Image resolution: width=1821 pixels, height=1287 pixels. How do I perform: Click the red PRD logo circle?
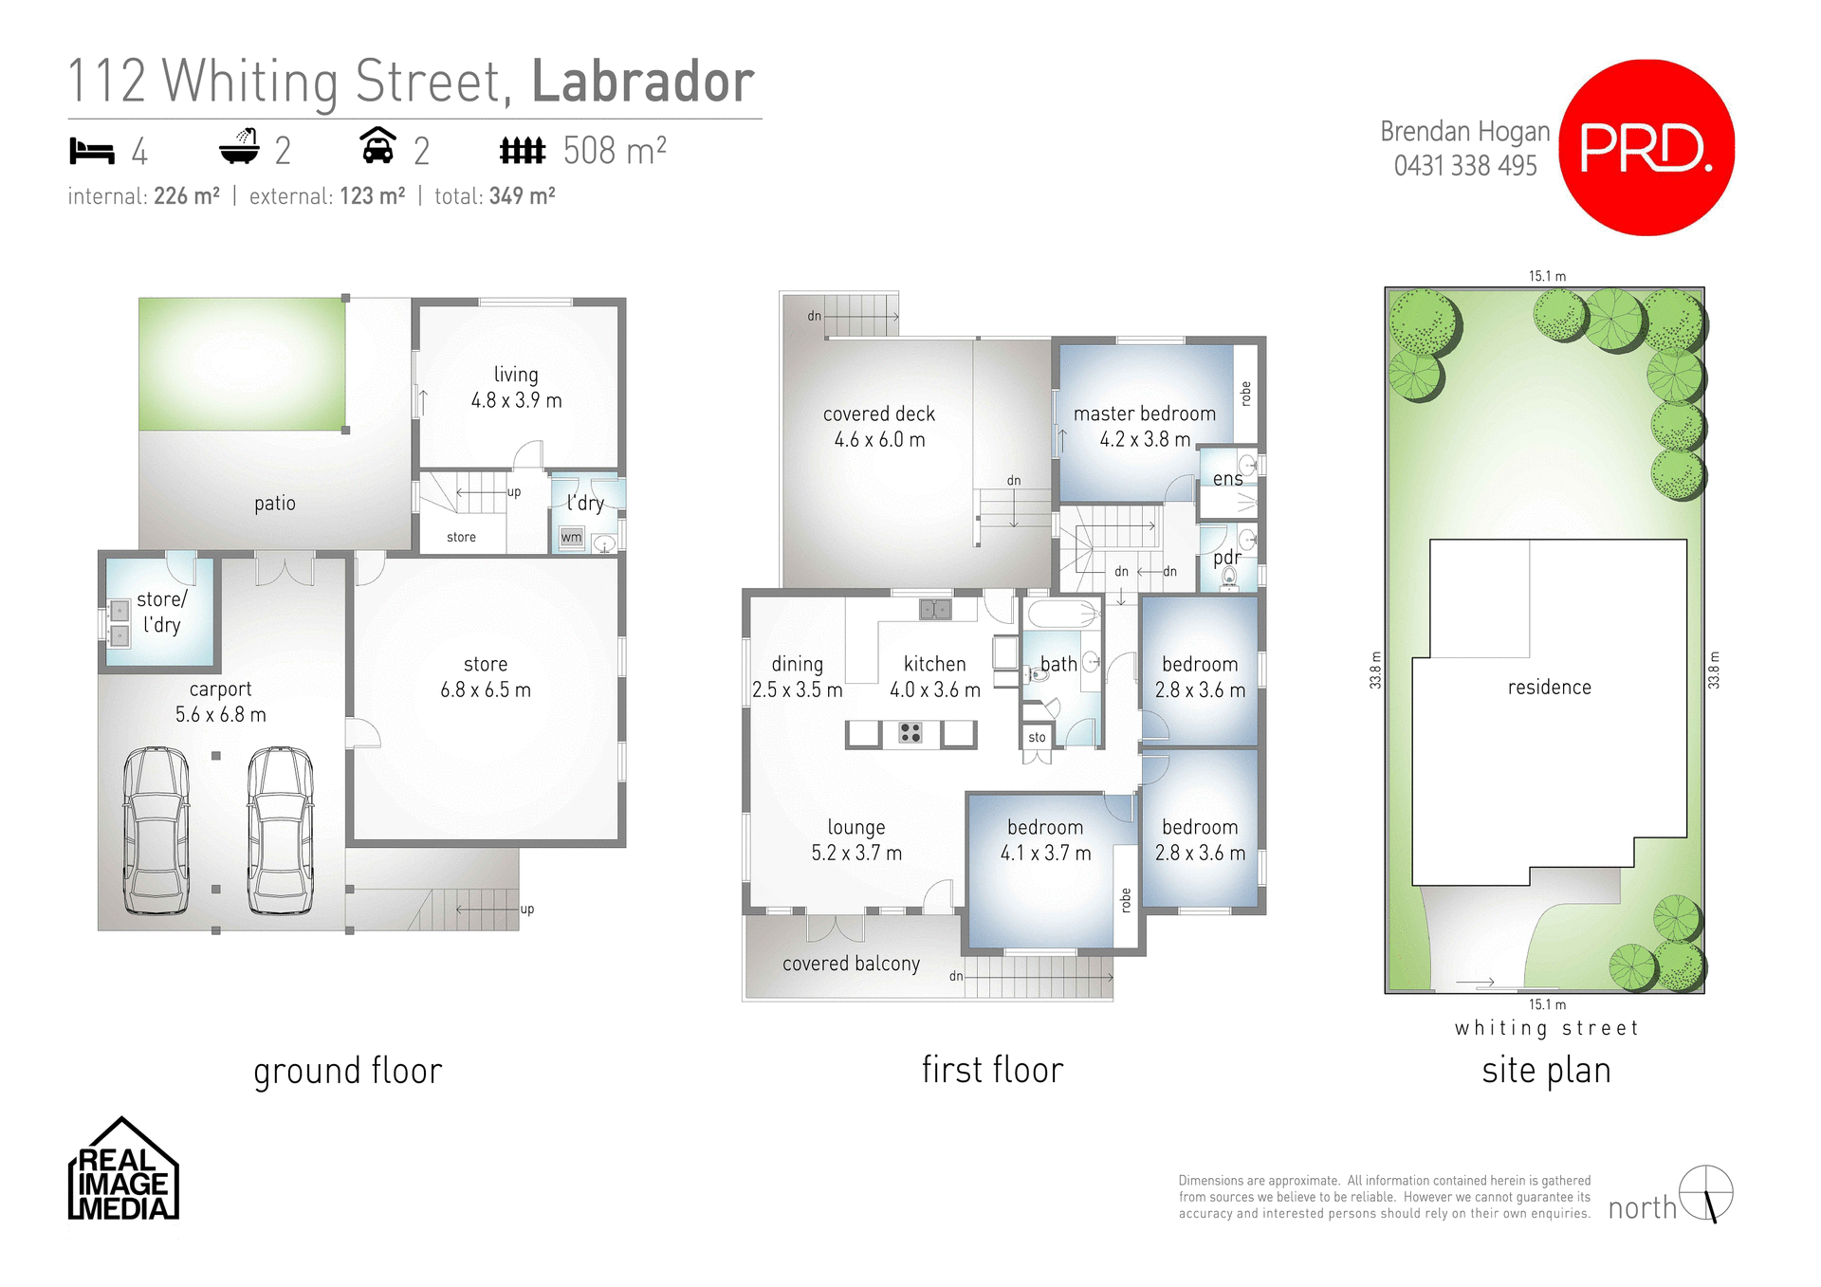[1646, 148]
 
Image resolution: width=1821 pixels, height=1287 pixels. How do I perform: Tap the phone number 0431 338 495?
[1464, 166]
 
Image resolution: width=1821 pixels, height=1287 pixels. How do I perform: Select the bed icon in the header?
[92, 151]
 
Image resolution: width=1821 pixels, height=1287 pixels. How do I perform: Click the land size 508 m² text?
[614, 151]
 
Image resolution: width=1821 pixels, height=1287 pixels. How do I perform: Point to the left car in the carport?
[156, 831]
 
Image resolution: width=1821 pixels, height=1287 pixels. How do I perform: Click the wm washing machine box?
[571, 538]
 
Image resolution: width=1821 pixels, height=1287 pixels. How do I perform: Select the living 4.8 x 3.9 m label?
[516, 388]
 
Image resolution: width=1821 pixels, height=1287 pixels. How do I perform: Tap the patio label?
[275, 504]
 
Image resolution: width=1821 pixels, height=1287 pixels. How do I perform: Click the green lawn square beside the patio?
[242, 364]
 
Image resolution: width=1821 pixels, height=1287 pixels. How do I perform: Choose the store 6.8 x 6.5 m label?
[486, 677]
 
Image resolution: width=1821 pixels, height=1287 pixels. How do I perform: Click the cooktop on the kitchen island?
[910, 732]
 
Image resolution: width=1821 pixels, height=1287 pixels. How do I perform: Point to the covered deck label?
[879, 427]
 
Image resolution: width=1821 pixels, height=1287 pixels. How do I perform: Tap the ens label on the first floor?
[1227, 479]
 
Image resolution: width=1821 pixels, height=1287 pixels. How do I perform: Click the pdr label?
[1226, 558]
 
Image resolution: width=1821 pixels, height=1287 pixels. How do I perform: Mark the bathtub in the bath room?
[1061, 614]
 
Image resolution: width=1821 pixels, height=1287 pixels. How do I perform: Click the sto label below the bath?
[1037, 737]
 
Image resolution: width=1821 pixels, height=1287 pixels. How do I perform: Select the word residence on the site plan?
[1549, 688]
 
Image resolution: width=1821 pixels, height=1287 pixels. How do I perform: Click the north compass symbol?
[1705, 1193]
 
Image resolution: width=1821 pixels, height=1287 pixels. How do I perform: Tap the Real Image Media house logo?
[123, 1170]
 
